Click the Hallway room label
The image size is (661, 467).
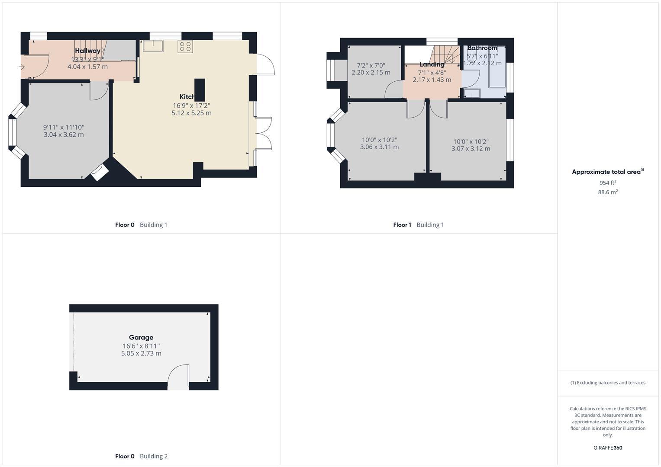[87, 51]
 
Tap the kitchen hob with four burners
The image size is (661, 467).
[185, 47]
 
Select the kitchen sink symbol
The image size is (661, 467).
[153, 46]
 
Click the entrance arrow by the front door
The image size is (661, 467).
[22, 67]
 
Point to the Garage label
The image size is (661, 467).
[141, 337]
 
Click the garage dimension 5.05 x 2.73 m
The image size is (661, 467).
[141, 353]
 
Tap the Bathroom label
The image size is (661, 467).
[482, 48]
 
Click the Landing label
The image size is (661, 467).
[432, 64]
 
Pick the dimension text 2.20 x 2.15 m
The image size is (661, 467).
[371, 73]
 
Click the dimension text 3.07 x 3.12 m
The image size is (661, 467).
[471, 148]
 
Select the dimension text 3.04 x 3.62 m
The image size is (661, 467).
[64, 134]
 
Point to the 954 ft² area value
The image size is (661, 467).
[608, 182]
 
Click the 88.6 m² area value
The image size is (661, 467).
[608, 192]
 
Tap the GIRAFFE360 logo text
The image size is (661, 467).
[608, 448]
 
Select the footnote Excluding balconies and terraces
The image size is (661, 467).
[608, 383]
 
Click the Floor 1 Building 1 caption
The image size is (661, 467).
[418, 225]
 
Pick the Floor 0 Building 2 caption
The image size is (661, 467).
[141, 456]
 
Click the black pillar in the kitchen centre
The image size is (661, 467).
[200, 90]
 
